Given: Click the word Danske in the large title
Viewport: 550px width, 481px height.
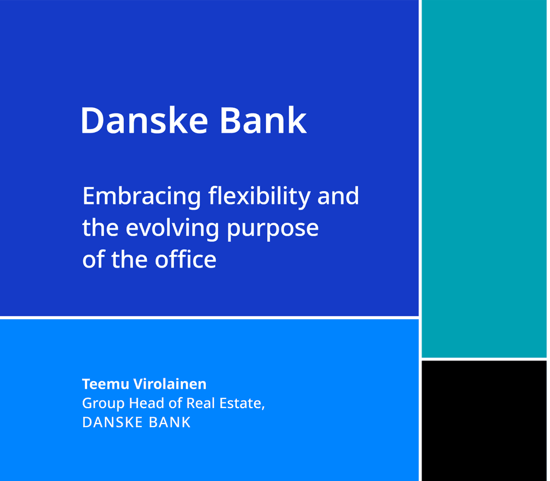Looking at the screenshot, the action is pos(145,120).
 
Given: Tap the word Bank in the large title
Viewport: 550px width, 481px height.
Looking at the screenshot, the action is pos(263,120).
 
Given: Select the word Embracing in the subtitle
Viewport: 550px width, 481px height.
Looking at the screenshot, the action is pos(142,197).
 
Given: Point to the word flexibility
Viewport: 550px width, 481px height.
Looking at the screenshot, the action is pos(259,197).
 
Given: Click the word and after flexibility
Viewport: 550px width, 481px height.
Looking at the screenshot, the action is pos(338,196).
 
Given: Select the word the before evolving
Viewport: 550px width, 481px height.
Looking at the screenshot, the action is pos(100,227).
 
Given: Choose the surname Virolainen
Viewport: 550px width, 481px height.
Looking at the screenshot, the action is pos(170,384).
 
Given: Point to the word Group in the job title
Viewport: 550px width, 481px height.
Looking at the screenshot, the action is pos(103,404).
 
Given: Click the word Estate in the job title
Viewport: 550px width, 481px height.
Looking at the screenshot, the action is pos(241,404).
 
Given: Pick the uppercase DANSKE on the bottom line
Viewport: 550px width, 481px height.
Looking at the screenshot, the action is pos(112,422).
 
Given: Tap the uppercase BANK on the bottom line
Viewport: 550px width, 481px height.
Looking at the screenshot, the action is pos(170,422).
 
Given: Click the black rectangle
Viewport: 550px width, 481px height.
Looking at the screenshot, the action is pos(484,421).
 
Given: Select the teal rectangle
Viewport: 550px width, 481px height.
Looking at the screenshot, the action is pos(484,179).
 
